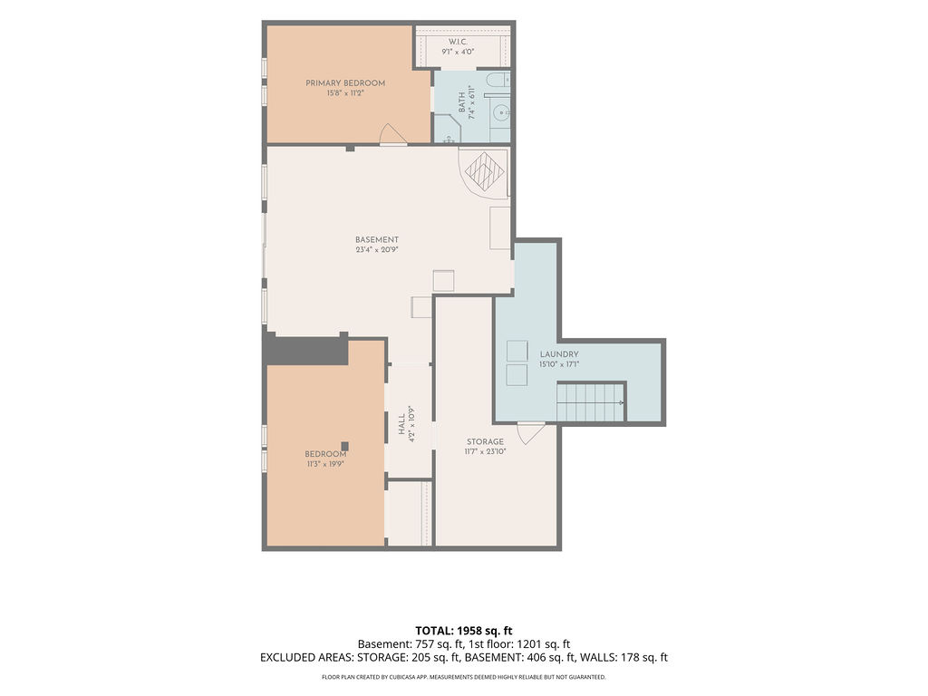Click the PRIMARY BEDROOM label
click(x=345, y=82)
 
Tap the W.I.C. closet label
click(x=458, y=42)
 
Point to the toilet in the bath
click(x=497, y=80)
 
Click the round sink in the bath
click(x=501, y=111)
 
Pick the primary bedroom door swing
click(x=392, y=134)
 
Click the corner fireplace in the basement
click(x=484, y=171)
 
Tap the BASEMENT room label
click(x=377, y=239)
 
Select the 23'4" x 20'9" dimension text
click(x=377, y=250)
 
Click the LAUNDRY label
click(x=558, y=354)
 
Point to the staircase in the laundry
click(x=590, y=401)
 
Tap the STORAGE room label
click(x=486, y=441)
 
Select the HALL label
click(x=401, y=424)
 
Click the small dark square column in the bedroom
click(x=344, y=446)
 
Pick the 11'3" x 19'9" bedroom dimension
click(x=325, y=464)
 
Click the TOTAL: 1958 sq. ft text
click(x=463, y=631)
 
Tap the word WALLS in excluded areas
click(x=598, y=657)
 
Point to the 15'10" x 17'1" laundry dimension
click(x=558, y=364)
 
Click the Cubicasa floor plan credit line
click(x=463, y=677)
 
